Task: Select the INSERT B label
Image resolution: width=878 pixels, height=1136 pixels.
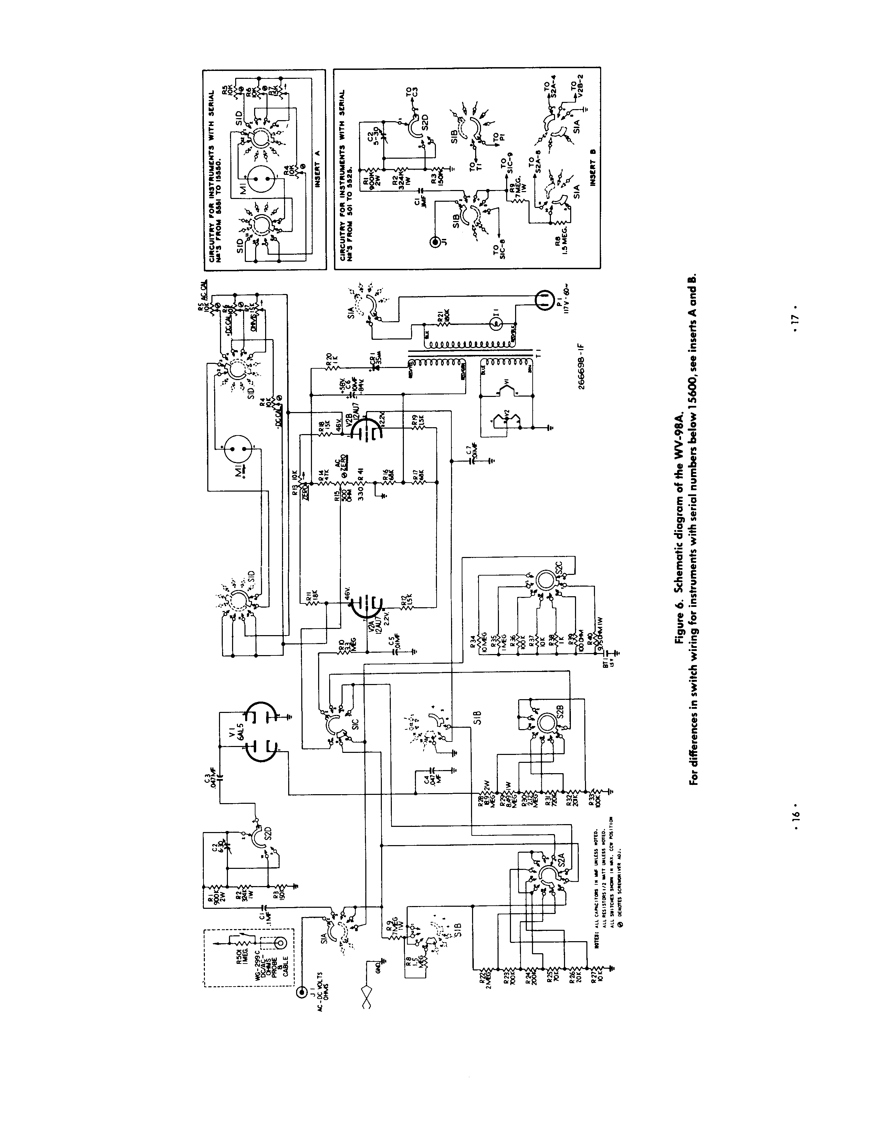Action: (592, 169)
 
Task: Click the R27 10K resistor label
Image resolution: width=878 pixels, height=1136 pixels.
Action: (592, 980)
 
